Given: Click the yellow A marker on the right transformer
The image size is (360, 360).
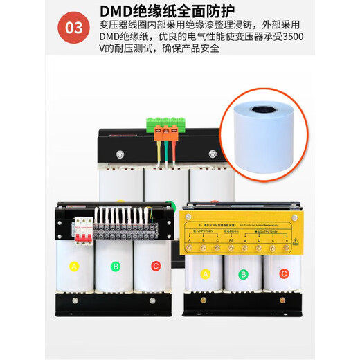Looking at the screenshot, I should coord(204,274).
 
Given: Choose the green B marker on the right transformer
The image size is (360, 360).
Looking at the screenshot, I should coord(242,274).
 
